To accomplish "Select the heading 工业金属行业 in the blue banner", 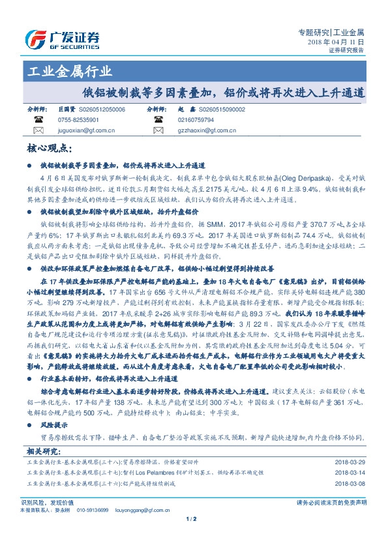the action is (x=69, y=72).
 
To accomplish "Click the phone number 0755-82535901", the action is (x=78, y=121).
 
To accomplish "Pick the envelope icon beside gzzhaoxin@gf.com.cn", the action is (x=157, y=130).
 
